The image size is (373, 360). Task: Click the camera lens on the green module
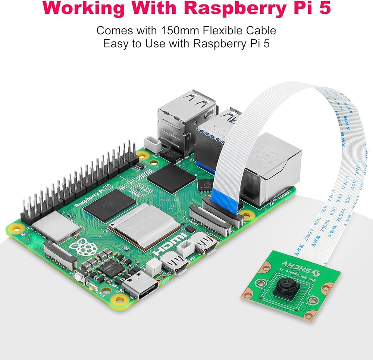tap(285, 287)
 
